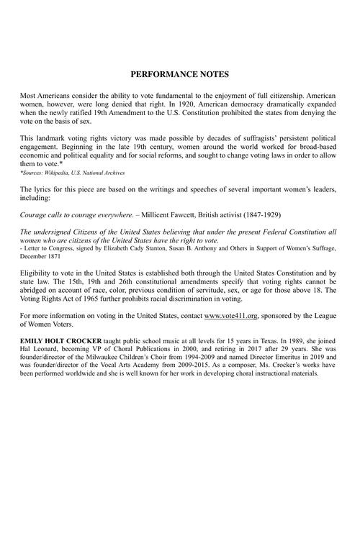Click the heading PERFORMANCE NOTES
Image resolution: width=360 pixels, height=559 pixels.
179,74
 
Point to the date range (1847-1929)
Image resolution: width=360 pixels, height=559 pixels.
258,214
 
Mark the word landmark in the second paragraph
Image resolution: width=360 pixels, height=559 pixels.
50,137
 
